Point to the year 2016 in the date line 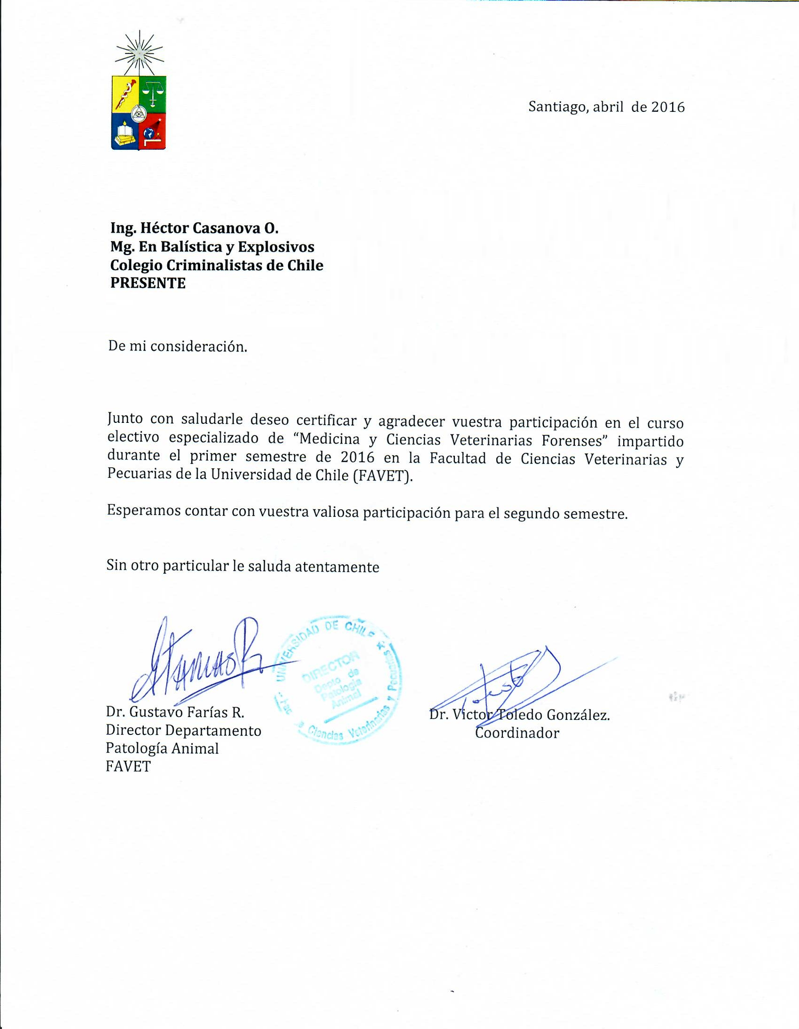(668, 107)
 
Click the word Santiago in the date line (558, 107)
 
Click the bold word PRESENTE (148, 283)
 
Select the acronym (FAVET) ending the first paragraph (383, 476)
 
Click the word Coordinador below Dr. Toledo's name (517, 733)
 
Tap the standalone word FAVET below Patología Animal (128, 766)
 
